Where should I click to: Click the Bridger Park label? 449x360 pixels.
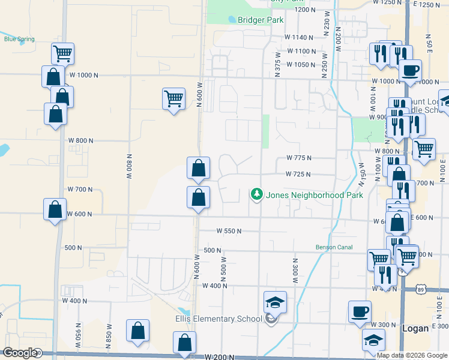click(260, 20)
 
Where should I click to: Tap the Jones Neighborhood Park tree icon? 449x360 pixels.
click(257, 194)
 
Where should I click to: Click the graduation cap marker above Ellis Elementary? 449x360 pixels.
click(275, 302)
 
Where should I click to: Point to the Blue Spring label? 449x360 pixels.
click(19, 40)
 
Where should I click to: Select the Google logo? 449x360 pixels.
click(20, 353)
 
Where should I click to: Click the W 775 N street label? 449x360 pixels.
click(299, 158)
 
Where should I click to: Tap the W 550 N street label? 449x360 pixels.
click(229, 231)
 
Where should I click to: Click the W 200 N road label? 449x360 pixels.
click(218, 357)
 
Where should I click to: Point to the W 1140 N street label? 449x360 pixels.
click(301, 37)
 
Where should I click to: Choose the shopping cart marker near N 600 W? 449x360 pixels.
click(173, 98)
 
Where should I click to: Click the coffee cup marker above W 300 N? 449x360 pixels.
click(360, 311)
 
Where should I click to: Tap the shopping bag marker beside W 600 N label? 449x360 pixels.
click(55, 209)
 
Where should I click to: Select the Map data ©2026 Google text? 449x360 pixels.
click(412, 355)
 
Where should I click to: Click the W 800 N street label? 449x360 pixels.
click(81, 140)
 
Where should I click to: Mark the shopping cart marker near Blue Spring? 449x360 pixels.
click(62, 53)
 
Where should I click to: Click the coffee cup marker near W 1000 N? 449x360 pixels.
click(410, 70)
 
